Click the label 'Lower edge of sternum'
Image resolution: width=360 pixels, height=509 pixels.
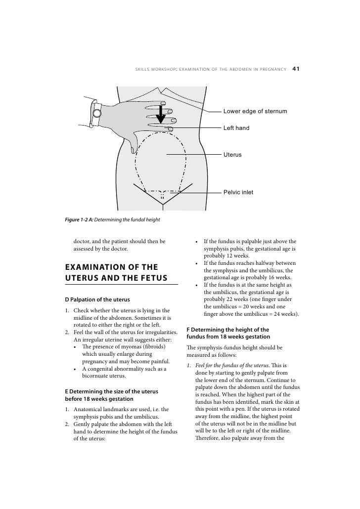coord(255,111)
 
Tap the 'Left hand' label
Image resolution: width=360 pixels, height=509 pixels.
coord(236,128)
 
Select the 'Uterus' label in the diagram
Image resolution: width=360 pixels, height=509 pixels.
coord(232,155)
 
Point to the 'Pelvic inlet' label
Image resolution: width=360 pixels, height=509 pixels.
coord(238,192)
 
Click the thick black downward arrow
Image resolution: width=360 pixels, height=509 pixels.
coord(160,116)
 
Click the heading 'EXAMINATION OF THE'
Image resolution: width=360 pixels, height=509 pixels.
coord(110,268)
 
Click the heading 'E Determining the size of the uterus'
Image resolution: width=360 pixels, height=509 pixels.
coord(111,391)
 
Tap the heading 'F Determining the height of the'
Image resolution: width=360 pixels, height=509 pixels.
coord(227,330)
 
